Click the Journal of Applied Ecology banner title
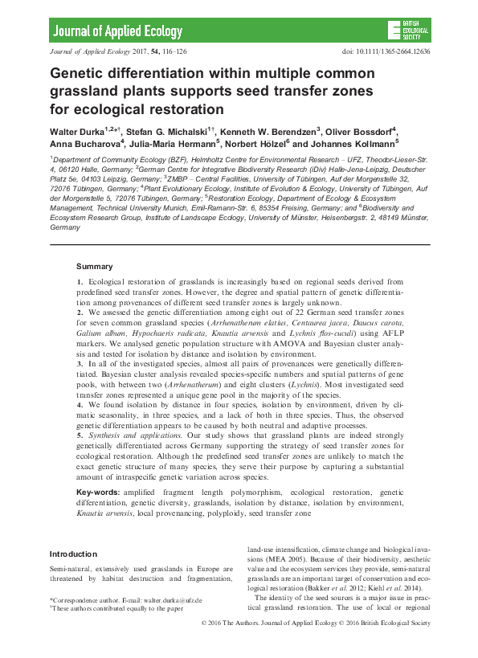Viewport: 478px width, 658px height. (x=107, y=32)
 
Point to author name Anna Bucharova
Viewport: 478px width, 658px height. (x=85, y=144)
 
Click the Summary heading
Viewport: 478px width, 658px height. (x=95, y=266)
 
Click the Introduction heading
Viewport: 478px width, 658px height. (x=73, y=554)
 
